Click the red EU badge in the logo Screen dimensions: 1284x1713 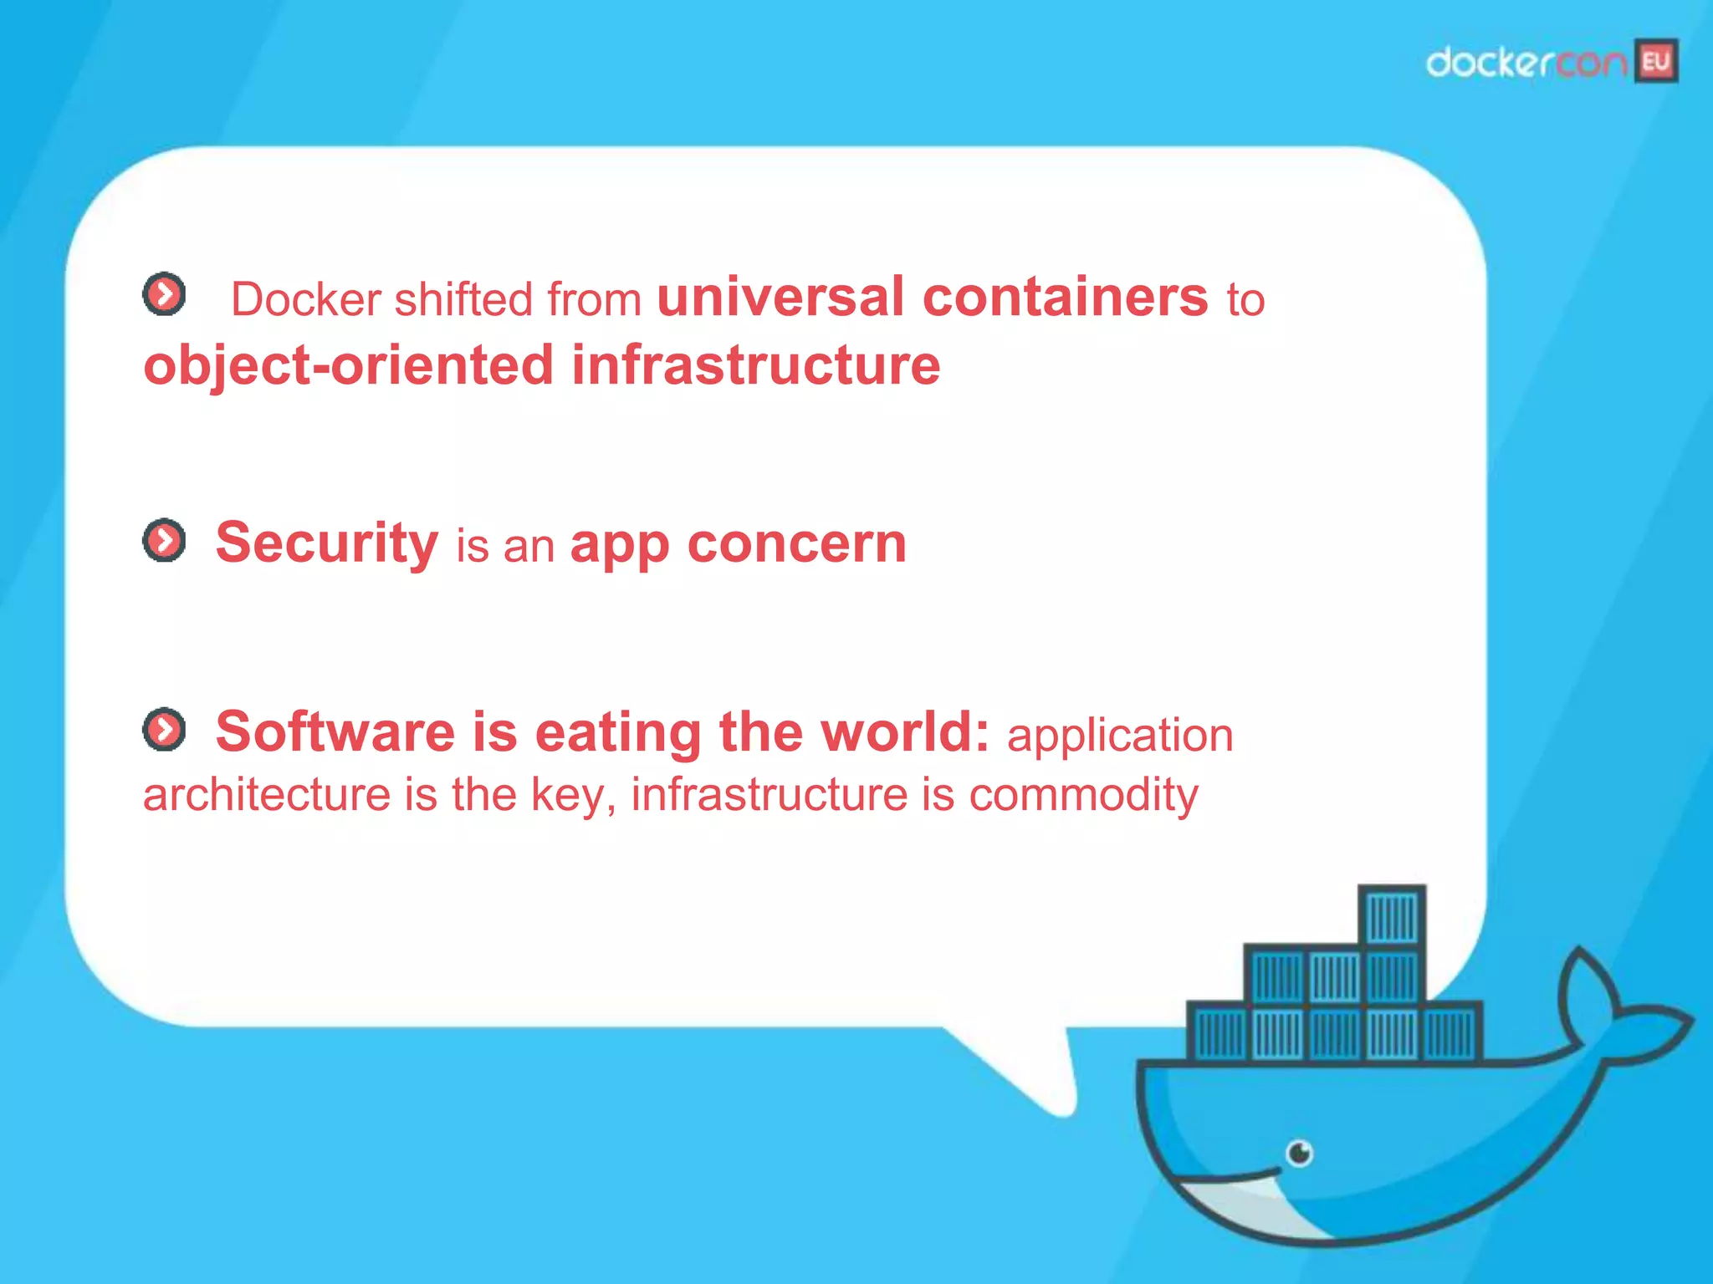click(1657, 61)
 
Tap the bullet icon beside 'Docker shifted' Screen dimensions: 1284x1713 click(164, 294)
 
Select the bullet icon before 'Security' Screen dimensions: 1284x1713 click(164, 541)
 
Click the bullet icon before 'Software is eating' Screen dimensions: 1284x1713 click(164, 730)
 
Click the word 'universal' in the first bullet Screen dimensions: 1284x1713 click(780, 297)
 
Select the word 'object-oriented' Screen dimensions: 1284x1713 click(348, 365)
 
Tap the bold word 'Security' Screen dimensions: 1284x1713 click(326, 543)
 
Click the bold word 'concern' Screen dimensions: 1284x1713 click(796, 545)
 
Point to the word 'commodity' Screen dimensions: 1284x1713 click(1083, 794)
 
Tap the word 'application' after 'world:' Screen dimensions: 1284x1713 click(1120, 736)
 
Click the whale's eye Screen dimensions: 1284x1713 click(1299, 1154)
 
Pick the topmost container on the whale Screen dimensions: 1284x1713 click(1391, 916)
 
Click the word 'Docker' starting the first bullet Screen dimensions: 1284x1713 click(305, 299)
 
